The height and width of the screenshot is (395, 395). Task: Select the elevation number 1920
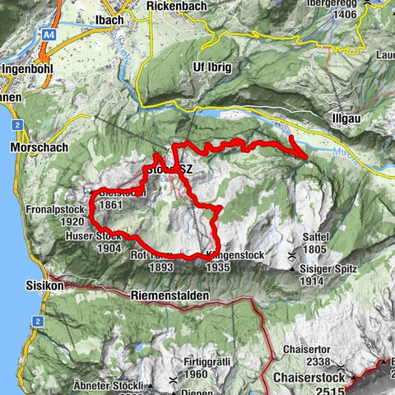click(x=72, y=222)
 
